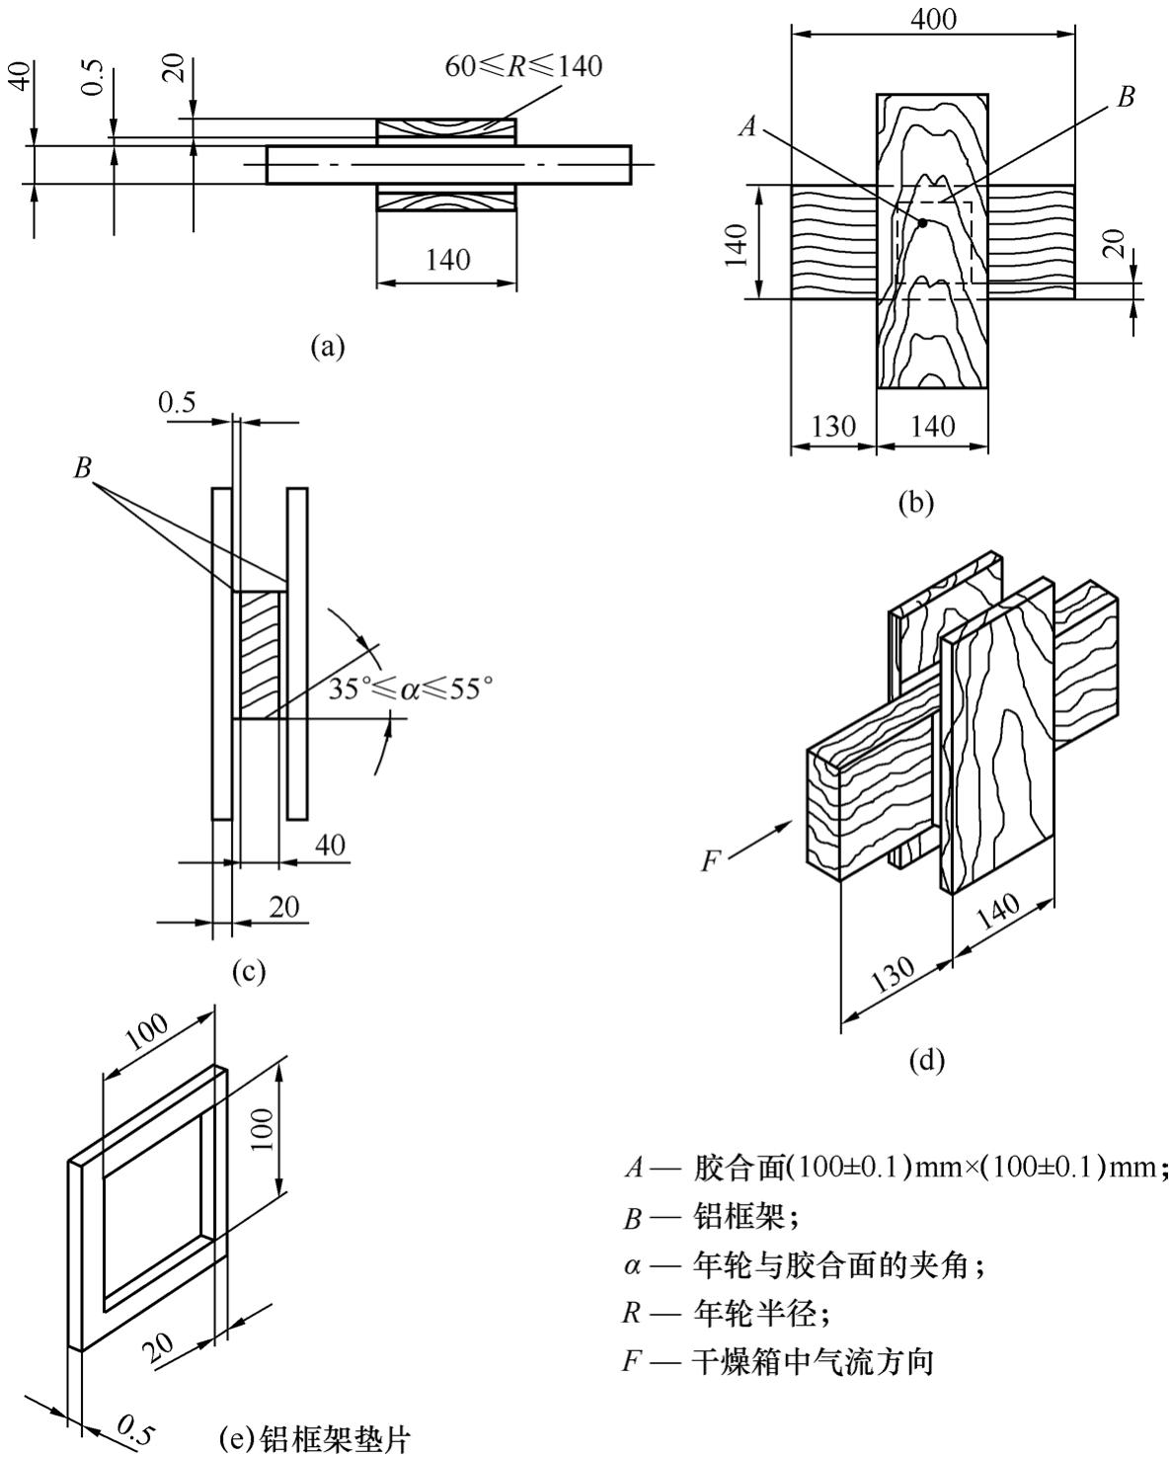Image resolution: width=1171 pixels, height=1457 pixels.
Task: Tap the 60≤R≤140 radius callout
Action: point(522,66)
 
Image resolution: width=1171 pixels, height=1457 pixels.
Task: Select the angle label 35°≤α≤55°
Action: point(410,688)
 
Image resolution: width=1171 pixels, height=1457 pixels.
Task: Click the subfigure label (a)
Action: point(328,346)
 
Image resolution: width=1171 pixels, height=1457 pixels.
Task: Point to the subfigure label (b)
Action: point(915,502)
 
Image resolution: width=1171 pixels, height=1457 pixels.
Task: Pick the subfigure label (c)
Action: point(249,971)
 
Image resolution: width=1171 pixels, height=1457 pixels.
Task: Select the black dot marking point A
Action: point(922,223)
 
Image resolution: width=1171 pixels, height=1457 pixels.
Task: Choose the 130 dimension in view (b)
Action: point(831,426)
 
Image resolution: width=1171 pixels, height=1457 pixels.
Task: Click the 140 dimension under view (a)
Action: point(447,260)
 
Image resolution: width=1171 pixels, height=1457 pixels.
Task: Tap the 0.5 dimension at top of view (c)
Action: point(178,403)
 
